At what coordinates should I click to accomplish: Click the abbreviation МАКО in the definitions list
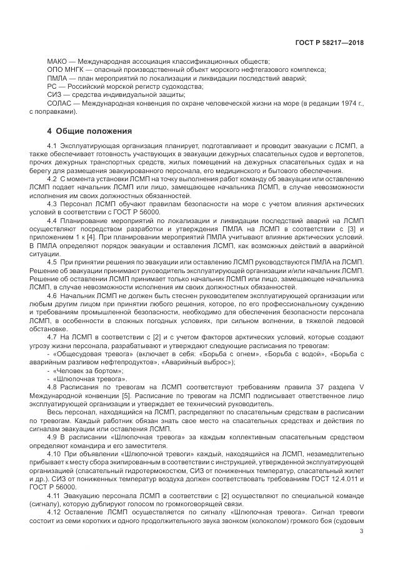[x=57, y=61]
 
